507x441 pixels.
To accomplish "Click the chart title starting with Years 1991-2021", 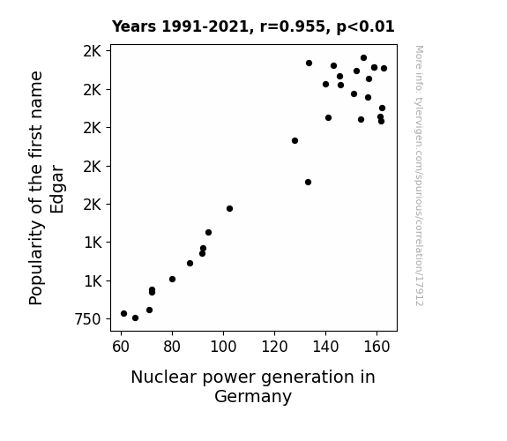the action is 253,26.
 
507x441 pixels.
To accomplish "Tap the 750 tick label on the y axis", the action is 88,319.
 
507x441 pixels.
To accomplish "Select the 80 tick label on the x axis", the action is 172,348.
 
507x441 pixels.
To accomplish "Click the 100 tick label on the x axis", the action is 223,348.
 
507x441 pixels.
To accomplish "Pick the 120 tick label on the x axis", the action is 274,348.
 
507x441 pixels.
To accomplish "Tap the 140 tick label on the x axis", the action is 325,348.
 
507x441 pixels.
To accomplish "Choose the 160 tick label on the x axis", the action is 377,348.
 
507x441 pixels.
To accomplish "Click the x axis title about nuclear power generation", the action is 253,386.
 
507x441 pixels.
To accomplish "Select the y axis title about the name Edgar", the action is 47,188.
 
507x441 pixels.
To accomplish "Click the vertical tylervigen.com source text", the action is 420,176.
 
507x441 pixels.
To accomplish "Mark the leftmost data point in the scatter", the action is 123,313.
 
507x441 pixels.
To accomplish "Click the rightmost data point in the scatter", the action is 384,68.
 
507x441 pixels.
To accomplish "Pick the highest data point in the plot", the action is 363,58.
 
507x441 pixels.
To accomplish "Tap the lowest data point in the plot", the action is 135,318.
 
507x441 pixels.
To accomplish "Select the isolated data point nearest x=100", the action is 229,209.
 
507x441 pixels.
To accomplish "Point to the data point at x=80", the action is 172,280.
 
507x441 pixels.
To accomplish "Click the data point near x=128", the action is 295,141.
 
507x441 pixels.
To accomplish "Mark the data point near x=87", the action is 190,264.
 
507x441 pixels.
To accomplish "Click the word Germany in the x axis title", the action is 253,397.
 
